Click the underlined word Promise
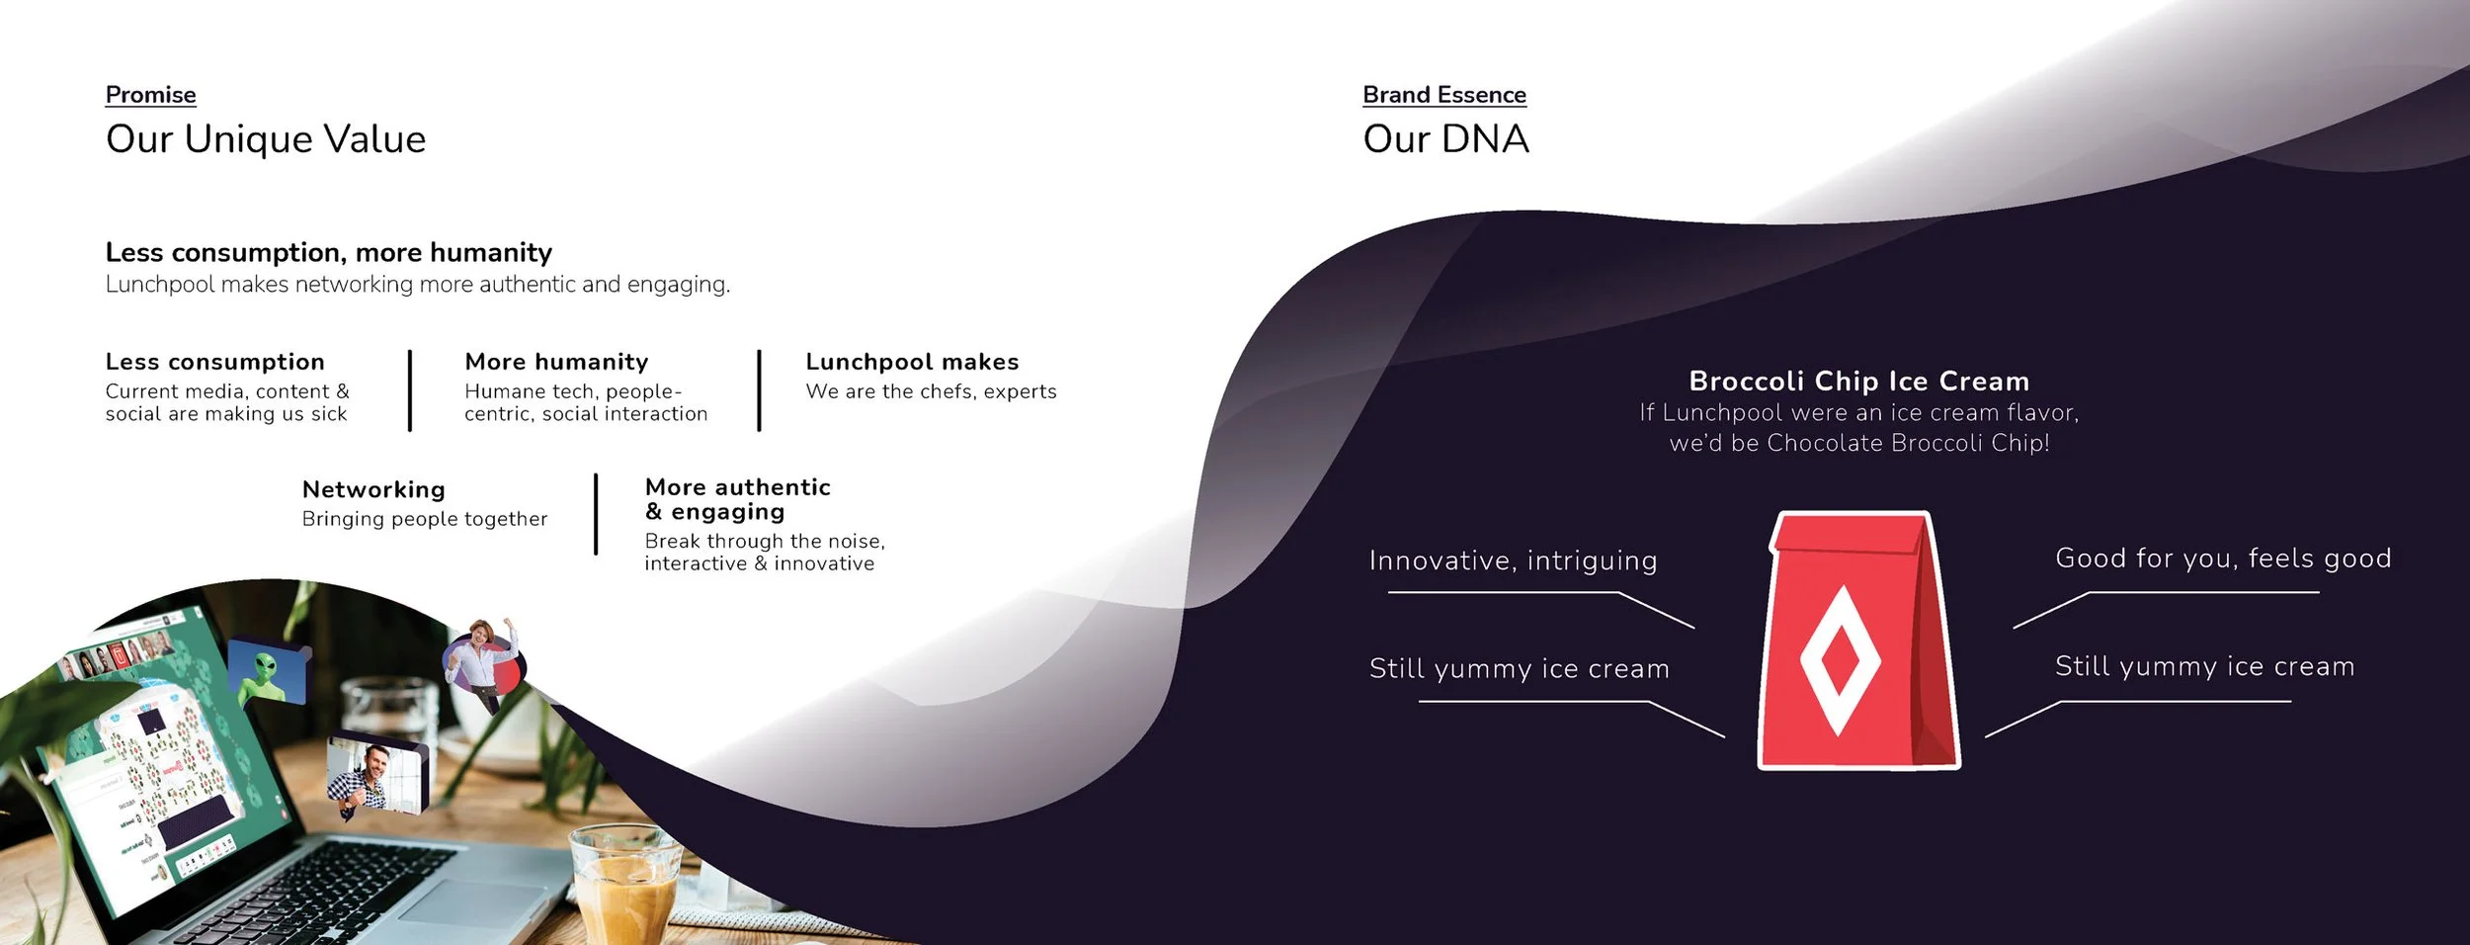tap(150, 95)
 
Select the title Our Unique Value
tap(266, 139)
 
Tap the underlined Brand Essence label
tap(1443, 95)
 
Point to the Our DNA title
tap(1445, 139)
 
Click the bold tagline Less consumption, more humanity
tap(328, 253)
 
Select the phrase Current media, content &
tap(227, 391)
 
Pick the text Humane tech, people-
tap(573, 391)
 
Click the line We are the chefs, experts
tap(931, 391)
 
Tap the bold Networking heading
tap(373, 490)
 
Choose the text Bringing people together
tap(424, 519)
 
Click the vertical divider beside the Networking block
tap(596, 514)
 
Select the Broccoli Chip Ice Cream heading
tap(1858, 382)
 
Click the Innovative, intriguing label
tap(1513, 560)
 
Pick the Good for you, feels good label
tap(2223, 558)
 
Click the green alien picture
tap(267, 672)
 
